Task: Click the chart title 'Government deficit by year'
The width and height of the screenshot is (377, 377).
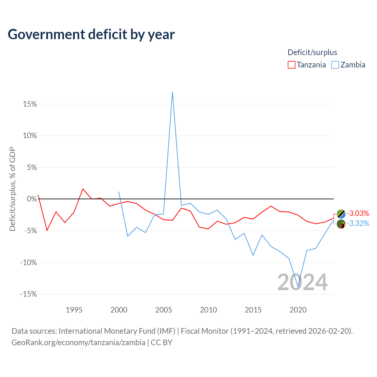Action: tap(91, 34)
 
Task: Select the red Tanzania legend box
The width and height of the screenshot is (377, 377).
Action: tap(291, 65)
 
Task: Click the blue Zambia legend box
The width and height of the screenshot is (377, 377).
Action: tap(335, 65)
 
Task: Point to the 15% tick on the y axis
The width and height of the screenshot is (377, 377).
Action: tap(30, 104)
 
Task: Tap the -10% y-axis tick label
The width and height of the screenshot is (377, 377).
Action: tap(28, 262)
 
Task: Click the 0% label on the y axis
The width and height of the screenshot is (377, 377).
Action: tap(32, 199)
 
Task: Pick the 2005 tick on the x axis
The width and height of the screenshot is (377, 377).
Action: tap(163, 310)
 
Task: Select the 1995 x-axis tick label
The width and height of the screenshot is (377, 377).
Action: tap(74, 310)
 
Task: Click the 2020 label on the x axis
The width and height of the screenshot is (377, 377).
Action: tap(298, 310)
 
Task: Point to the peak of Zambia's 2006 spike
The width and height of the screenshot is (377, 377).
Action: tap(172, 92)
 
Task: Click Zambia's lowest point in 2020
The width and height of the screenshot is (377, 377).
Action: tap(298, 287)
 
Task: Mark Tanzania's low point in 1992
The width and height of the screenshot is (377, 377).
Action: tap(47, 230)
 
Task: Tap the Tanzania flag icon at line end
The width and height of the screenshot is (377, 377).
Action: tap(341, 214)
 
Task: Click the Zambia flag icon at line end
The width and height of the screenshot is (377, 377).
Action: tap(341, 224)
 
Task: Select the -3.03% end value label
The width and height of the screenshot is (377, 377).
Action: tap(358, 213)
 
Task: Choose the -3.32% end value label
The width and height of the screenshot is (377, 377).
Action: tap(358, 223)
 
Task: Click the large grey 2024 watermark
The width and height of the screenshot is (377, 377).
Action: tap(302, 282)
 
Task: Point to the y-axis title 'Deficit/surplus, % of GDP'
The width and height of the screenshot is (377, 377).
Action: tap(12, 189)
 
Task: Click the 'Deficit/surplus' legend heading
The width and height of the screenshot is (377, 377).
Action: tap(312, 52)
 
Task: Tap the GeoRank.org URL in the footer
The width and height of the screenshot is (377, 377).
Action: tap(78, 343)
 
